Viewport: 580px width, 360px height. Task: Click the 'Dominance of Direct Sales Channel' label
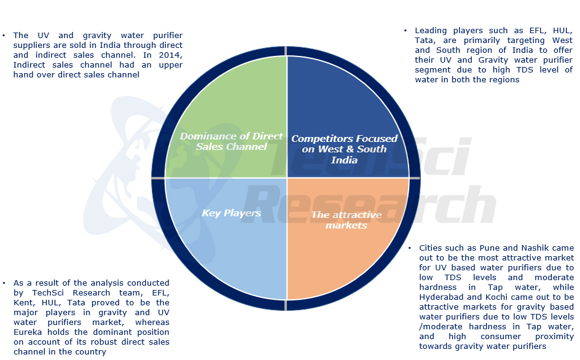point(232,141)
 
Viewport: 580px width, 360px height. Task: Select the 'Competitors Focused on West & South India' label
point(344,149)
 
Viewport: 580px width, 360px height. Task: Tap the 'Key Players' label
point(232,213)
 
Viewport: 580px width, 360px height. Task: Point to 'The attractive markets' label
point(346,219)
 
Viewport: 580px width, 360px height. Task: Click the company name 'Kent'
point(24,303)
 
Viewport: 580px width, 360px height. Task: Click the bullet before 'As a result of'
point(5,283)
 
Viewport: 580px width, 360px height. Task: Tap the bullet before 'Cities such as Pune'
point(410,248)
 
